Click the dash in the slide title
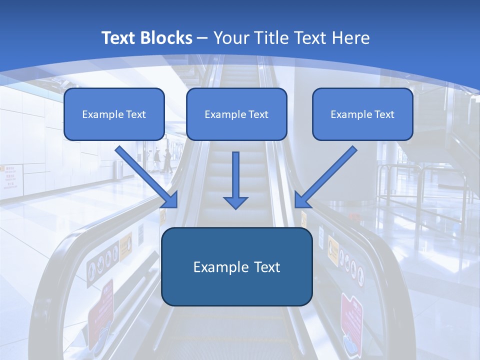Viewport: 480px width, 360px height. pyautogui.click(x=202, y=38)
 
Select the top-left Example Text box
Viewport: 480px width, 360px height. pyautogui.click(x=114, y=114)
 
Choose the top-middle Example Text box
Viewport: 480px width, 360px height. pyautogui.click(x=236, y=114)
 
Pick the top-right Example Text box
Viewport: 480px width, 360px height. pyautogui.click(x=362, y=114)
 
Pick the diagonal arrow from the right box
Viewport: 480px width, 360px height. pyautogui.click(x=326, y=176)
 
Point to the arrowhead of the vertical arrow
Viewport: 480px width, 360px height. pyautogui.click(x=235, y=202)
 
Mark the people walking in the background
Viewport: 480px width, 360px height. pyautogui.click(x=162, y=160)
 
